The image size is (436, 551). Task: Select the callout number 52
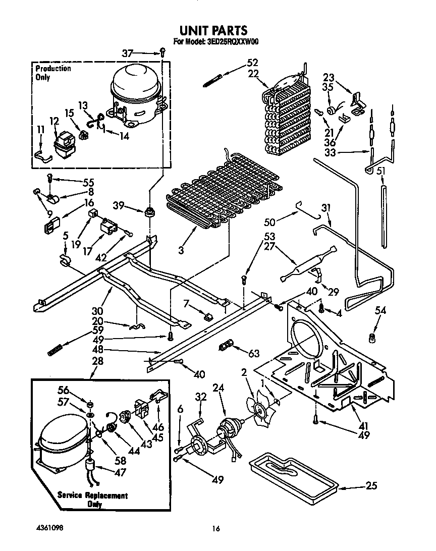coord(252,63)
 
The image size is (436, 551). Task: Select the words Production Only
coord(52,73)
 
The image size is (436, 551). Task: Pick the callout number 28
coord(97,361)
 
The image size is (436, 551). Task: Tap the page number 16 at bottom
coord(216,529)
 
